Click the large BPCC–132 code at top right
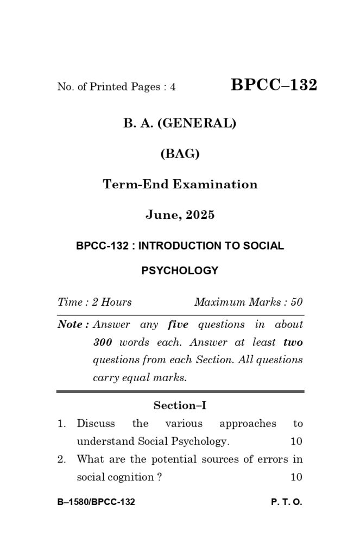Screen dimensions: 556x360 [x=274, y=85]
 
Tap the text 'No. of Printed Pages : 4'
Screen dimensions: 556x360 [x=116, y=87]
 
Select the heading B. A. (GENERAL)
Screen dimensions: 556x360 [x=180, y=123]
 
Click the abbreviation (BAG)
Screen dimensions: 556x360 [x=180, y=154]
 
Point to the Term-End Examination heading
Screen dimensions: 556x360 [x=180, y=184]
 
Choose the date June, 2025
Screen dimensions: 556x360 [x=180, y=214]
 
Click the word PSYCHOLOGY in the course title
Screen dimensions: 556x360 [x=180, y=270]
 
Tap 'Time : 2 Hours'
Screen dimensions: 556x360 [x=94, y=302]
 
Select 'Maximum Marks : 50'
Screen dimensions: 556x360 [x=248, y=302]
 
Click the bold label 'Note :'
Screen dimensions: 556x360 [x=73, y=325]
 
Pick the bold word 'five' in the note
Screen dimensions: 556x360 [x=178, y=325]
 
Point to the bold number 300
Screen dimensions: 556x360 [x=103, y=343]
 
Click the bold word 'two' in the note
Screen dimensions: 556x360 [x=293, y=343]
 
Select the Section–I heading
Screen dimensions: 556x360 [x=180, y=405]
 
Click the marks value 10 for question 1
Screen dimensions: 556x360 [x=296, y=441]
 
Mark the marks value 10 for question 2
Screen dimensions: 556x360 [x=296, y=477]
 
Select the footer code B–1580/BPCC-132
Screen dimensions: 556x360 [x=96, y=502]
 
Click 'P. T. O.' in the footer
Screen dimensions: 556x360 [x=286, y=502]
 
